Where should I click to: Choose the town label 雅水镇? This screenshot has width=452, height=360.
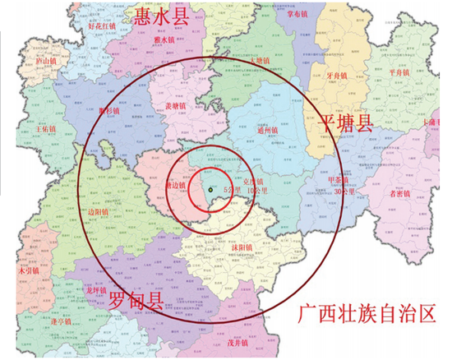click(167, 39)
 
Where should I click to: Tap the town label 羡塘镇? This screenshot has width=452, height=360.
click(177, 105)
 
